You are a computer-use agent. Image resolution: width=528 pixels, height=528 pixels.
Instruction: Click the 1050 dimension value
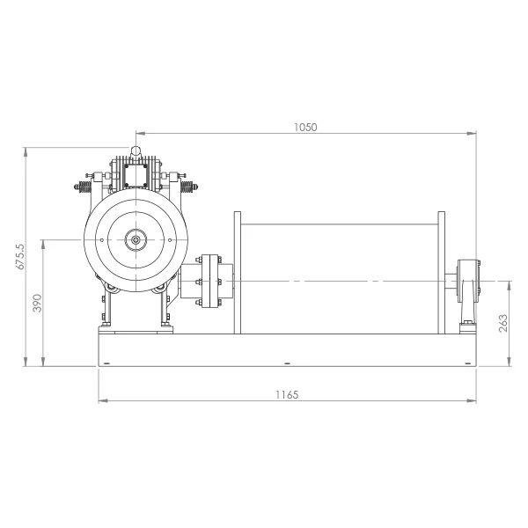pyautogui.click(x=305, y=128)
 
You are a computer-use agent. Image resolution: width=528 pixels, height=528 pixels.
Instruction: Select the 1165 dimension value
pyautogui.click(x=287, y=394)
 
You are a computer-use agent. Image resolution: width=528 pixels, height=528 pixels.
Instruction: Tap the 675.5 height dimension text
pyautogui.click(x=20, y=257)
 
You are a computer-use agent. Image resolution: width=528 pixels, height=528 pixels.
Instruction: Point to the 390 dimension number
pyautogui.click(x=37, y=303)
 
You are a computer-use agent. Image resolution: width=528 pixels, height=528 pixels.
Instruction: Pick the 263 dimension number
pyautogui.click(x=502, y=323)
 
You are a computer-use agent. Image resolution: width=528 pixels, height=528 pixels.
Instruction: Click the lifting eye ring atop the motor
pyautogui.click(x=136, y=150)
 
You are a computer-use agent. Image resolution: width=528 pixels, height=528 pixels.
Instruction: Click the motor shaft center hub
pyautogui.click(x=136, y=239)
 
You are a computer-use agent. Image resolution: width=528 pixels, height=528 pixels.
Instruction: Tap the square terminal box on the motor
pyautogui.click(x=136, y=175)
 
